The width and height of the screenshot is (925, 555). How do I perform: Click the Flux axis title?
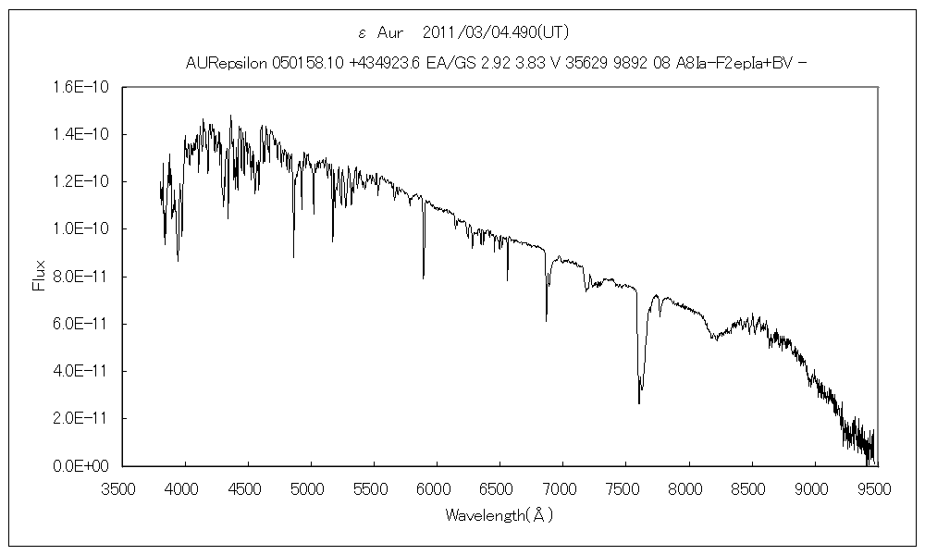[x=39, y=275]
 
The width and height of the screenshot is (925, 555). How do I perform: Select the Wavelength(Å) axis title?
[x=499, y=513]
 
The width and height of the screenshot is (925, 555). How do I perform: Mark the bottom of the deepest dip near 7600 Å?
[x=639, y=403]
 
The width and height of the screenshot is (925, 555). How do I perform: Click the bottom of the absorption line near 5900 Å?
[x=424, y=277]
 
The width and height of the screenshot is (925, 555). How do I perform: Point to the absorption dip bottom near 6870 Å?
[x=546, y=320]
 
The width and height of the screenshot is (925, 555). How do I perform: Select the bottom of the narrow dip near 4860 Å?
[x=293, y=256]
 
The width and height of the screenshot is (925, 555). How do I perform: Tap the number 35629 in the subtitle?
[x=580, y=63]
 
